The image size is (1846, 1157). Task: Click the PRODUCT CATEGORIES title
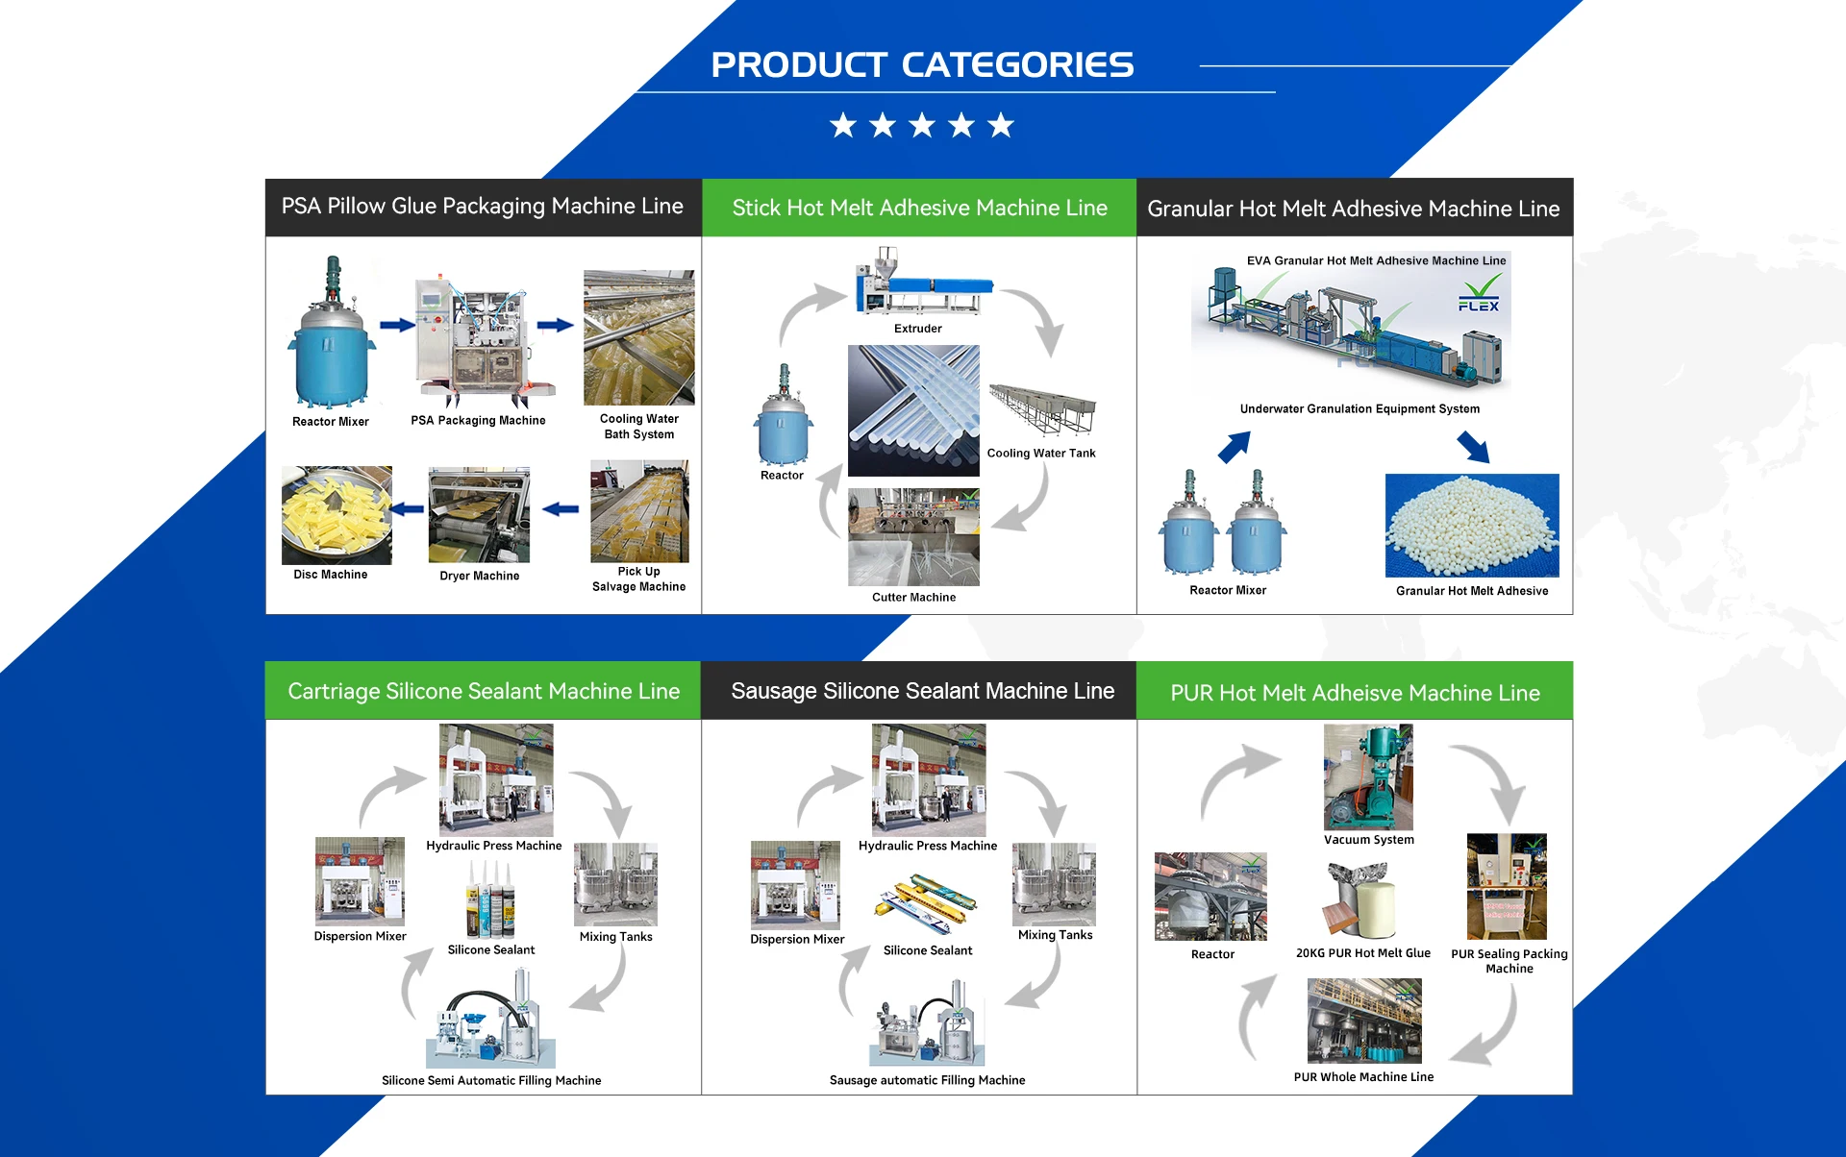point(922,65)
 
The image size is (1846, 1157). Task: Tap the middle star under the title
point(922,125)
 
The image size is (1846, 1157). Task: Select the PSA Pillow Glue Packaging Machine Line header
point(483,207)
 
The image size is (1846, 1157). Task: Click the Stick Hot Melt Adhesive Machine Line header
point(919,208)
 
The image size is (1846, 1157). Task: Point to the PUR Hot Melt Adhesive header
point(1355,693)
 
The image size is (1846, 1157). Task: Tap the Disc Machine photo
point(337,515)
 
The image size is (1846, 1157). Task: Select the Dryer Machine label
point(479,576)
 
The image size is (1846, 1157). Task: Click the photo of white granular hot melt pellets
point(1472,525)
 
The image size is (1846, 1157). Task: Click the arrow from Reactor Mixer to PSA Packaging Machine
point(396,326)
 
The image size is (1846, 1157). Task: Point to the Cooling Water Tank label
point(1041,454)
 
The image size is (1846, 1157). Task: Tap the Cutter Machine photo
point(913,537)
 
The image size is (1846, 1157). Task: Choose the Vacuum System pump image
point(1368,777)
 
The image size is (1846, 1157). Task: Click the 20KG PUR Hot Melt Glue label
point(1362,953)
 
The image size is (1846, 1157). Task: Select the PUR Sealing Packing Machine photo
point(1507,886)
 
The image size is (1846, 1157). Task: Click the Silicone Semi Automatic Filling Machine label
point(491,1080)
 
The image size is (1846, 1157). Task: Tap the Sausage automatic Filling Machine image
point(927,1023)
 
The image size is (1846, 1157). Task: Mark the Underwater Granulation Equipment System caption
point(1360,408)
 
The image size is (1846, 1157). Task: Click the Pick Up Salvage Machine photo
point(639,511)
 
